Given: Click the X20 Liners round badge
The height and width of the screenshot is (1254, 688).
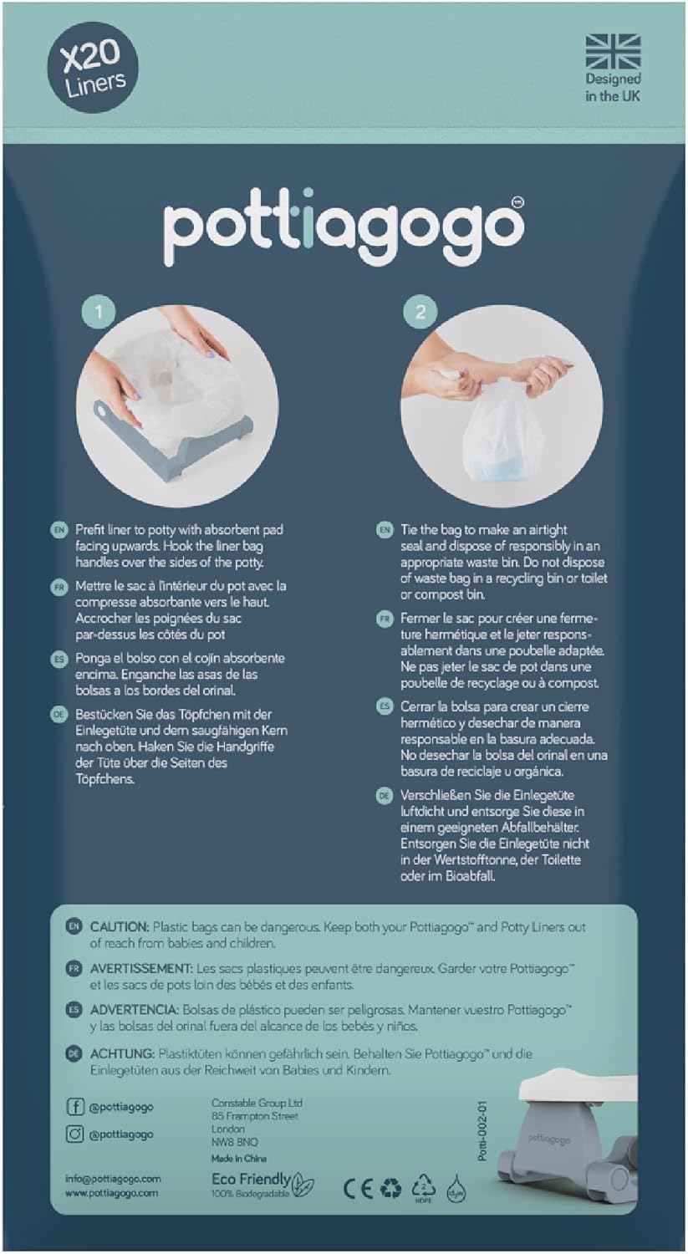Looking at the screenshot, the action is (93, 69).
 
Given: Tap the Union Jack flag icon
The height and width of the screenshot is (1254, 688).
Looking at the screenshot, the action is (613, 52).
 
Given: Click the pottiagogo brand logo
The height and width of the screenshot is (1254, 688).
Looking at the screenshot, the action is (344, 227).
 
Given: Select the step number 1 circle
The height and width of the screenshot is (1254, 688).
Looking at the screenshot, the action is (99, 312).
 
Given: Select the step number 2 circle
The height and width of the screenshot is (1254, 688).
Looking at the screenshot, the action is (420, 312).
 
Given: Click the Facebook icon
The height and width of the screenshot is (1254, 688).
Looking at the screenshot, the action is (75, 1106).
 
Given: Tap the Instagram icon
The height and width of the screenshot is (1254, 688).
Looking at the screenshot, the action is (75, 1134).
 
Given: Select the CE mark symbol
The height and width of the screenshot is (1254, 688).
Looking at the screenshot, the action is (358, 1189).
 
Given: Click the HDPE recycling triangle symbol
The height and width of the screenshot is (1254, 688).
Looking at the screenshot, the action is (423, 1187).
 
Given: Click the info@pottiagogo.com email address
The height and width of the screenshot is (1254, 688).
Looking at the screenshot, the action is (113, 1179).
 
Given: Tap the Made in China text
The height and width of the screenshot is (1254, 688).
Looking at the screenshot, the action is (239, 1158).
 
